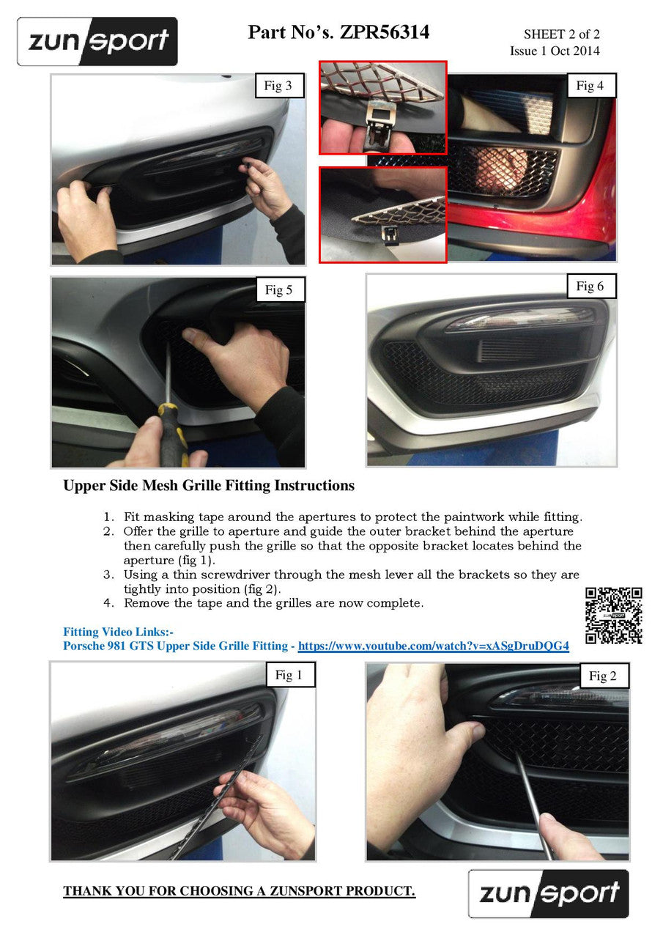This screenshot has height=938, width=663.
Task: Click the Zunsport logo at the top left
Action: (x=97, y=41)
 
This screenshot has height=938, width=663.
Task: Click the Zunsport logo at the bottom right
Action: (x=549, y=893)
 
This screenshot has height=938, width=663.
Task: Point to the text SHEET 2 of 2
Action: (x=561, y=34)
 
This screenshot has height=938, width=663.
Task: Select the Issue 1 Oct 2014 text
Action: (x=555, y=51)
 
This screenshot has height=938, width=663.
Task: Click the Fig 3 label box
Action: (x=278, y=86)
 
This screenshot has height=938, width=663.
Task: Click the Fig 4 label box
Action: (x=590, y=86)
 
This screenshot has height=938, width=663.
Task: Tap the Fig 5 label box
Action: (x=278, y=289)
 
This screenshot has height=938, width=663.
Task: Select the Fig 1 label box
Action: (x=289, y=675)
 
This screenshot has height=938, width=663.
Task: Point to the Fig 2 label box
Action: (x=603, y=676)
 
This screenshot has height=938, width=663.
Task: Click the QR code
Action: (x=614, y=616)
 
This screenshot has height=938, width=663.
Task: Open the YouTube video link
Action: (x=434, y=646)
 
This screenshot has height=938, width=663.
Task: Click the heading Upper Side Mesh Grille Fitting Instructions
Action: (x=209, y=485)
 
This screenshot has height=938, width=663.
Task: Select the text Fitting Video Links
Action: (x=118, y=632)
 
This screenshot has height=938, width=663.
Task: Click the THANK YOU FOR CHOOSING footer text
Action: (x=239, y=891)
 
